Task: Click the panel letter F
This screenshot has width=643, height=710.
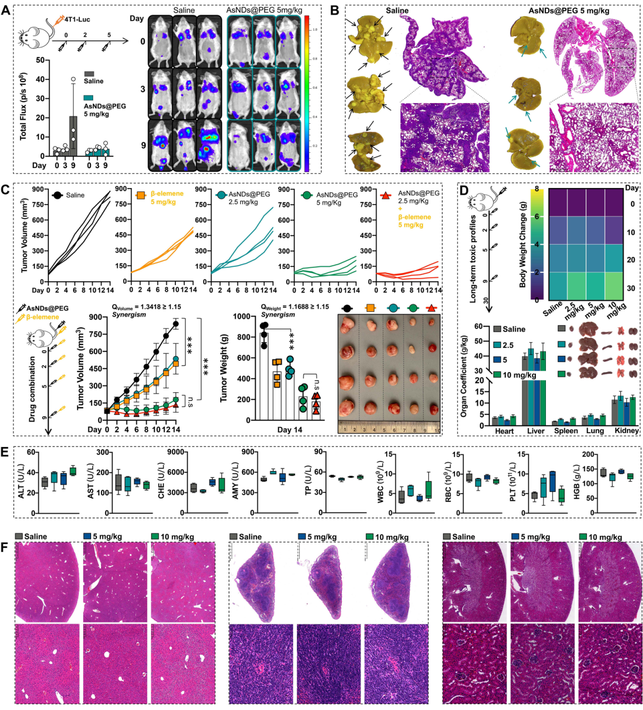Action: point(6,546)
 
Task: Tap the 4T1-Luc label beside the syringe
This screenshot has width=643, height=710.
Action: point(77,20)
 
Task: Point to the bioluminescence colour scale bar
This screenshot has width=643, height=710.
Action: point(307,93)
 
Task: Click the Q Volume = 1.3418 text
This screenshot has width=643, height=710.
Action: point(146,307)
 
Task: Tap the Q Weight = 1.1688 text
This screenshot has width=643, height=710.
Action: point(295,307)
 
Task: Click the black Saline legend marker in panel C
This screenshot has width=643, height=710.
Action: point(57,195)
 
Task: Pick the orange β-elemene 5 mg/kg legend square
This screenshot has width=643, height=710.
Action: point(141,195)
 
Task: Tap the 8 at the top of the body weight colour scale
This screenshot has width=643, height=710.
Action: point(536,189)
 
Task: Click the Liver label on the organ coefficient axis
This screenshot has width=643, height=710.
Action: point(535,430)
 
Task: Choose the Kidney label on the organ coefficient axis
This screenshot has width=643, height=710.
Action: point(626,430)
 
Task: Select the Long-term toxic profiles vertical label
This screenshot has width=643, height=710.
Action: point(473,258)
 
